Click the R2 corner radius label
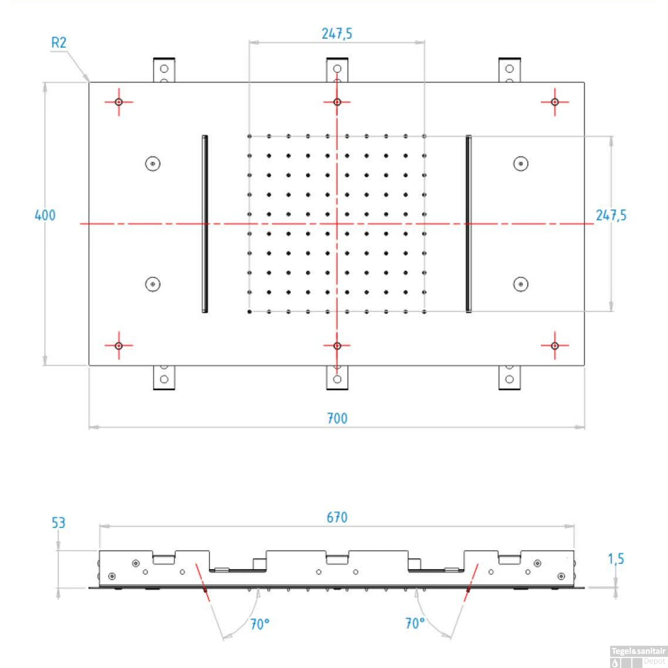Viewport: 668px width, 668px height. tap(58, 43)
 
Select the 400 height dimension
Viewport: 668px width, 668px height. tap(45, 215)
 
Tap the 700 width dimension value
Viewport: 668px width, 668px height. tap(337, 418)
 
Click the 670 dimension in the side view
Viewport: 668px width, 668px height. tap(337, 517)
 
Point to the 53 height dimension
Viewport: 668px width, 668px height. tap(58, 522)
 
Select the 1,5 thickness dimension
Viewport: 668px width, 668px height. tap(616, 558)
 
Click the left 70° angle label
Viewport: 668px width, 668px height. tap(260, 624)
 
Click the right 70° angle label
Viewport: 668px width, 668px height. tap(415, 623)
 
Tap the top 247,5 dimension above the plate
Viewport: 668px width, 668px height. tap(337, 33)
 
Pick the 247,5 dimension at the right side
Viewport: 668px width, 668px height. tap(611, 215)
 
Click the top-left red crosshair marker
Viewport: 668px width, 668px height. tap(119, 102)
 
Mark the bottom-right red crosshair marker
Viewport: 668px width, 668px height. tap(555, 346)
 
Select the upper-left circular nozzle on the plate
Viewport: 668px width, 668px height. tap(153, 164)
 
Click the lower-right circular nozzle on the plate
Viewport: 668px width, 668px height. tap(521, 284)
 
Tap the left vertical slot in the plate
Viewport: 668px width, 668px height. tap(205, 224)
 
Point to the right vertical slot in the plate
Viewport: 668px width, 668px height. tap(468, 224)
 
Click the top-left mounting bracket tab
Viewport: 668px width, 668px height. tap(164, 70)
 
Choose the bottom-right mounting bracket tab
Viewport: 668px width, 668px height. tap(509, 378)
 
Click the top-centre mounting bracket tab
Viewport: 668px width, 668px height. tap(337, 69)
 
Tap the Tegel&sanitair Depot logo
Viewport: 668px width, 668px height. tap(639, 656)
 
